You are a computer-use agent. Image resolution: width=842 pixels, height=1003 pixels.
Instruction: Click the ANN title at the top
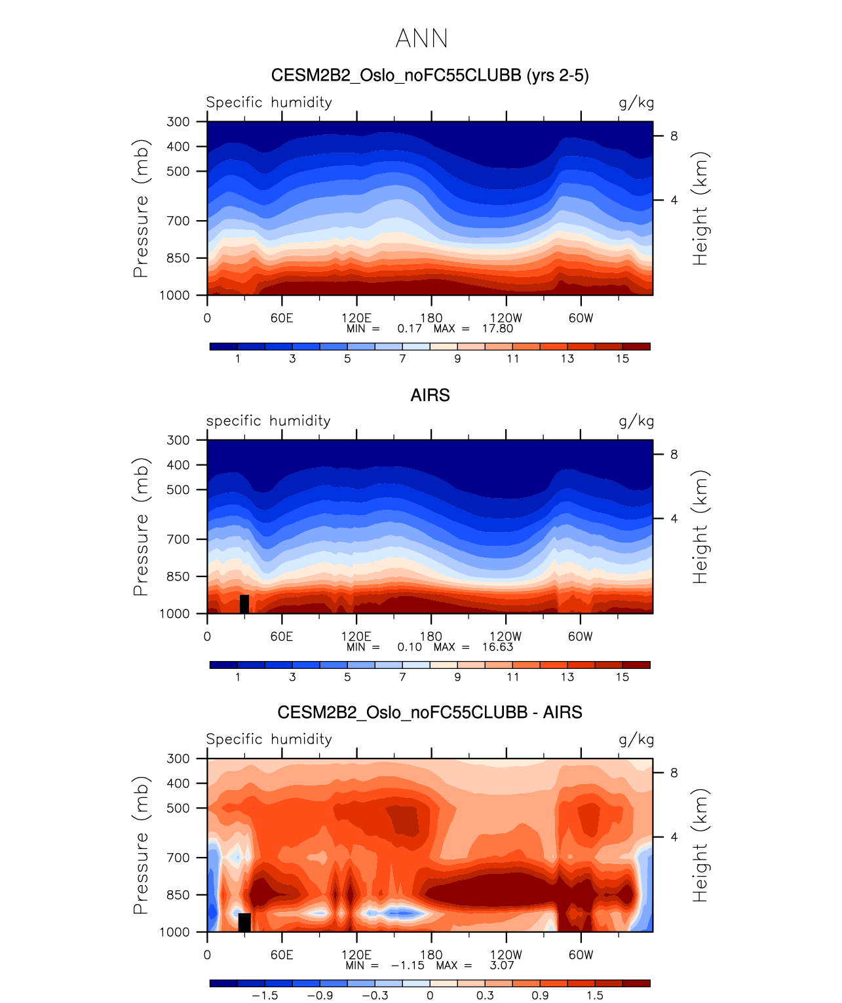pos(421,39)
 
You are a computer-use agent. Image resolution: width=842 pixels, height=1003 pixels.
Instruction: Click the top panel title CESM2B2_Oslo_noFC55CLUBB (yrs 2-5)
pos(430,76)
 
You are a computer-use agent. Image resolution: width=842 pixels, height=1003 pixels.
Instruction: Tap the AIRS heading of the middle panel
pos(430,396)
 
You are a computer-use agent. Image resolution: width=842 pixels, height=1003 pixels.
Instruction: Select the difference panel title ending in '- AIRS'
pos(430,713)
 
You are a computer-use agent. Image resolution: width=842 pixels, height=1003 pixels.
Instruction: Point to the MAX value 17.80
pos(497,329)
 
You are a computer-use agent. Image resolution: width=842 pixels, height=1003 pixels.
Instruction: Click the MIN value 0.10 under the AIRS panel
pos(410,647)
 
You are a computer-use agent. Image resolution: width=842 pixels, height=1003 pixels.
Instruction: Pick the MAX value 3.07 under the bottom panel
pos(502,966)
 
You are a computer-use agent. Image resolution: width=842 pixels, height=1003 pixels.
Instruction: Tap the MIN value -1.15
pos(408,966)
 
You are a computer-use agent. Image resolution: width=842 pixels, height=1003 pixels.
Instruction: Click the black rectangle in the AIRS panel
pos(244,604)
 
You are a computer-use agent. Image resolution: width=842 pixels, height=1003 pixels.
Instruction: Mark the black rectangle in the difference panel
pos(244,922)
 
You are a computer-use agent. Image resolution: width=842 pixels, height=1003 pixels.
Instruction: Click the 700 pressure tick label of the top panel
pos(178,221)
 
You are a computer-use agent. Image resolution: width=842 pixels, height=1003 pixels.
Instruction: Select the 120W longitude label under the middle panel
pos(505,636)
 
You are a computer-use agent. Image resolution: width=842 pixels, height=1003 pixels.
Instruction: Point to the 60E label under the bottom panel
pos(282,955)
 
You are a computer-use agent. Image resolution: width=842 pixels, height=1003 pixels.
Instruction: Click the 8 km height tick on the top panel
pos(674,136)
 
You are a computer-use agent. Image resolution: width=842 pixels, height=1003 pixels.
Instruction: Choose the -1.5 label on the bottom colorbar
pos(265,996)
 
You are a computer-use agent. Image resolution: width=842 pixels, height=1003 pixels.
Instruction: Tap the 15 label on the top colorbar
pos(622,359)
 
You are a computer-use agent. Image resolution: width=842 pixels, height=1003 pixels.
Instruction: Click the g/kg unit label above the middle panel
pos(636,421)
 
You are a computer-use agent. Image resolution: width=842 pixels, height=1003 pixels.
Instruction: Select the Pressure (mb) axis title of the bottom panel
pos(141,845)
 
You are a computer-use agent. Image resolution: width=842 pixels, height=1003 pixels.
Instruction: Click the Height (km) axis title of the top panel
pos(701,208)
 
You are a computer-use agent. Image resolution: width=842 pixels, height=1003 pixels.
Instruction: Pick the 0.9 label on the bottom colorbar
pos(540,996)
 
